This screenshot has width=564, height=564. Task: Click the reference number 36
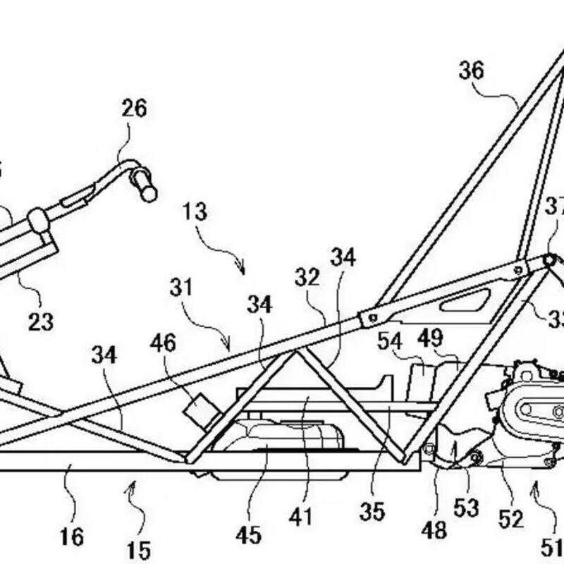click(x=472, y=71)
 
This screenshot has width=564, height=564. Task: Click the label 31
click(x=181, y=287)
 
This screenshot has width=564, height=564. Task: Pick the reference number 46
click(x=164, y=345)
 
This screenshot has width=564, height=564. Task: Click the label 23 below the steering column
click(x=41, y=322)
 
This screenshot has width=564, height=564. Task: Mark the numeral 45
click(x=248, y=536)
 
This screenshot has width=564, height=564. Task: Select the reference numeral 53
click(x=467, y=507)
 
